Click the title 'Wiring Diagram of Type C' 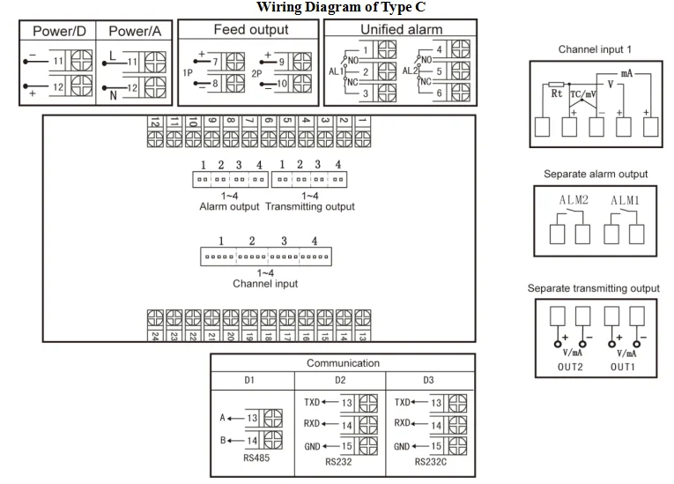coord(340,7)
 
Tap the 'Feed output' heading coord(250,30)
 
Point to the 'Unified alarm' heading coord(401,30)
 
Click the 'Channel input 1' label coord(595,49)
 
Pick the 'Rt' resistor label coord(556,93)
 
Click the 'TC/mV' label coord(583,93)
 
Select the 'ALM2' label coord(573,200)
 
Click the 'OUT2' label coord(572,366)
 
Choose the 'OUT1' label coord(624,366)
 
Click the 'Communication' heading coord(343,363)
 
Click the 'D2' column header coord(340,381)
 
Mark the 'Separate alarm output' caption coord(595,174)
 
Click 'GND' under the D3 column coord(404,446)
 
